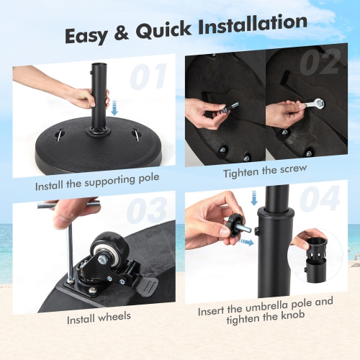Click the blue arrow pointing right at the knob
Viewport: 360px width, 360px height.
click(x=248, y=242)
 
